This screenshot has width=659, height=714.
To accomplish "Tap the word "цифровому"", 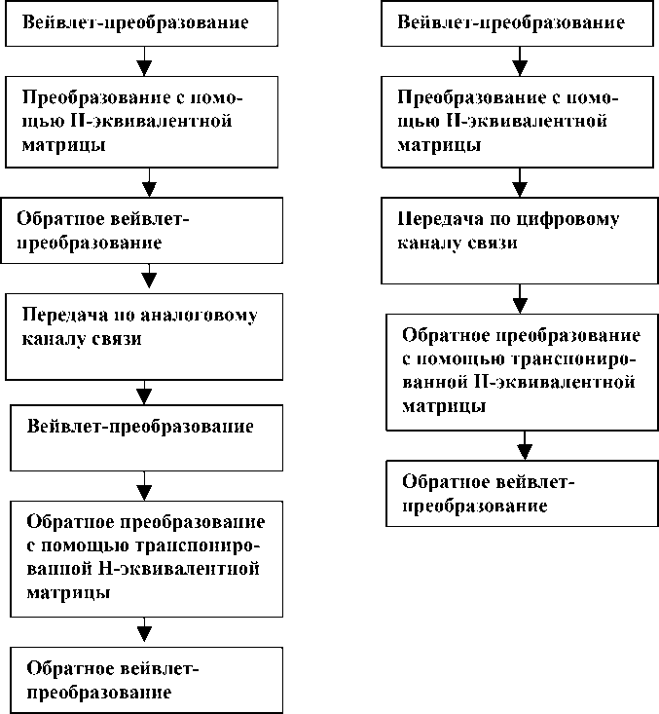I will (562, 220).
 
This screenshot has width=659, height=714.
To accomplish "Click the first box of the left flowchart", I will (146, 23).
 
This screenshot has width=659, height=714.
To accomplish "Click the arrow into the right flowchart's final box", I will (524, 447).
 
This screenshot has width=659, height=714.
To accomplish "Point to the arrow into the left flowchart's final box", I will (146, 630).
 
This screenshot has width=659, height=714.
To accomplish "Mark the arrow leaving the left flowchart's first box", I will (145, 63).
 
